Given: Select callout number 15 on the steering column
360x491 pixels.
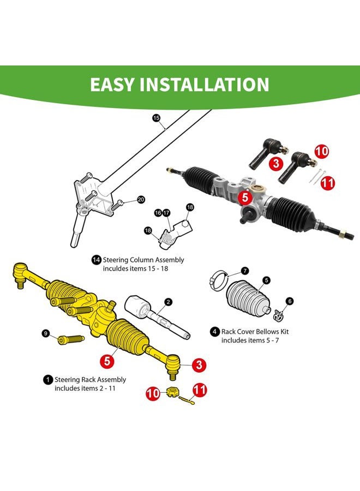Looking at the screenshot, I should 156,117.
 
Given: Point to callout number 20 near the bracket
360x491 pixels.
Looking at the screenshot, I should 141,200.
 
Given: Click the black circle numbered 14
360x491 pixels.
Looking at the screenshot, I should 96,260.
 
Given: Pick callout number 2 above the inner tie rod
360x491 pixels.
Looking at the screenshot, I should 169,302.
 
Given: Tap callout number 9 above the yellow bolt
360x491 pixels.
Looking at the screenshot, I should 46,333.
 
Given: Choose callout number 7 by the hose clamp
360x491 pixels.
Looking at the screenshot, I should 245,271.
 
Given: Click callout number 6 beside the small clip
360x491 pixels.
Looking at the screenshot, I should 290,301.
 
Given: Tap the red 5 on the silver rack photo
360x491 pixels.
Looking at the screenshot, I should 245,197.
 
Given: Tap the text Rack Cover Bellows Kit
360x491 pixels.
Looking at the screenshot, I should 254,331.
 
